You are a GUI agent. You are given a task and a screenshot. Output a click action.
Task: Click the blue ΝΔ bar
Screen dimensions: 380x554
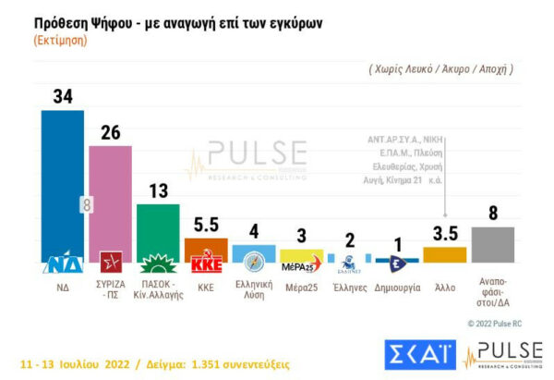coord(63,185)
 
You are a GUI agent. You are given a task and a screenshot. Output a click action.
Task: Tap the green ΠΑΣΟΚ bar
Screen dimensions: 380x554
coord(158,231)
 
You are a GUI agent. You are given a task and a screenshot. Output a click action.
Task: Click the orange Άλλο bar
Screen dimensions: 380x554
coord(444,254)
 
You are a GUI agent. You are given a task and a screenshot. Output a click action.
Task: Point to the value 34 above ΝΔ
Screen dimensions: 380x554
coord(63,96)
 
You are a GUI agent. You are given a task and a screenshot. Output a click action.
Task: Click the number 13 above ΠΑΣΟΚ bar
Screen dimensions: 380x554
coord(158,190)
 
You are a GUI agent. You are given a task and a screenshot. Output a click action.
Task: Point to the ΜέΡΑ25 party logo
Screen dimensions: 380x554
coord(300,266)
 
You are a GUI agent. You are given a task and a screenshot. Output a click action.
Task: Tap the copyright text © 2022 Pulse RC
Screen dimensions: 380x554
coord(505,323)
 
